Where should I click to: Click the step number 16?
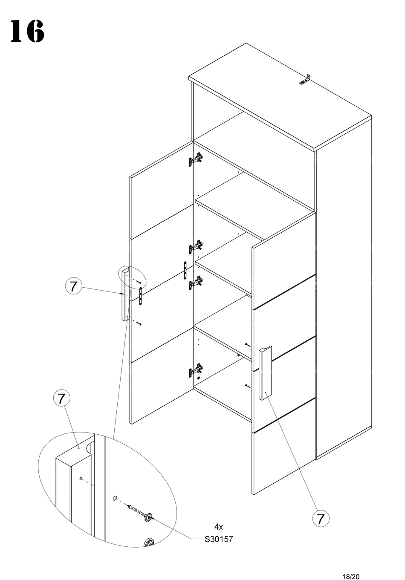point(27,32)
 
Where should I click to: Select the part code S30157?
point(219,539)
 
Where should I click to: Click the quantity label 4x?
point(218,527)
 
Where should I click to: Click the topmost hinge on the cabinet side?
point(196,159)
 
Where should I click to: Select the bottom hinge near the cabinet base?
point(196,370)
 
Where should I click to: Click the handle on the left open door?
point(124,295)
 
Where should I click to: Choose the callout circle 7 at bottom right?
point(321,519)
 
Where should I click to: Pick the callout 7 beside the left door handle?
point(73,286)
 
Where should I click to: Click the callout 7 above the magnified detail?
point(61,398)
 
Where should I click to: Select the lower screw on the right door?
point(247,386)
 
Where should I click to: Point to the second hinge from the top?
point(196,246)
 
